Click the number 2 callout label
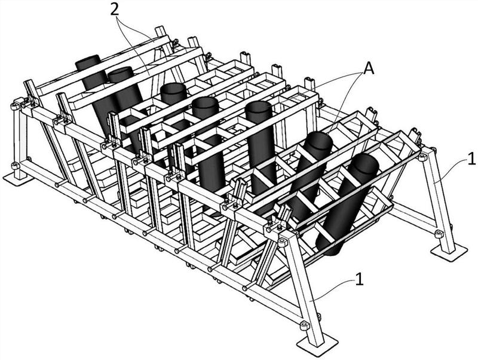coord(114,10)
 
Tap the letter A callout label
coord(368,69)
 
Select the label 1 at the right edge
coord(471,159)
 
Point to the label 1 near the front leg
coord(360,279)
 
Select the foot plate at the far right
coord(449,253)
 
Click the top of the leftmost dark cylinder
coord(88,59)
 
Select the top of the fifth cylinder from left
coord(258,107)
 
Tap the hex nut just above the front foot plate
coord(305,325)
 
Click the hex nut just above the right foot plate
coord(438,234)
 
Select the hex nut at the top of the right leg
coord(422,157)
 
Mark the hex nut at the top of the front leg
coord(283,243)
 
